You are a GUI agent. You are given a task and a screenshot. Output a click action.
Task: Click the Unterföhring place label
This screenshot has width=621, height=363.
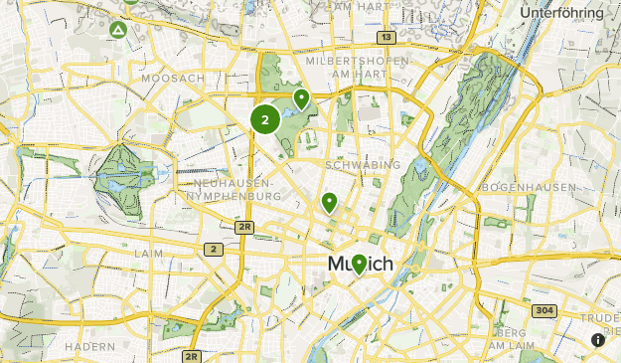[561, 13]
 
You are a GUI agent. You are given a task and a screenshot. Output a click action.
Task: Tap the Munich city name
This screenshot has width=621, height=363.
[360, 265]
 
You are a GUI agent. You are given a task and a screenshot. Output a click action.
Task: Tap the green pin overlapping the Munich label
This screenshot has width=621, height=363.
[359, 264]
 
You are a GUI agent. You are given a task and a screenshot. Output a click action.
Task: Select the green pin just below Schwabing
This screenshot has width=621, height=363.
[329, 202]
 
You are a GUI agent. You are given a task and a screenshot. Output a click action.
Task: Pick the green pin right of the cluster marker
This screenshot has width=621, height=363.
[301, 97]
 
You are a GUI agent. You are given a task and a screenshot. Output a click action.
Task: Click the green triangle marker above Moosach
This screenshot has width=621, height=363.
[118, 30]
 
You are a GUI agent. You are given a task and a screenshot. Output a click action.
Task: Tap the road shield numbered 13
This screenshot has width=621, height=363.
[386, 37]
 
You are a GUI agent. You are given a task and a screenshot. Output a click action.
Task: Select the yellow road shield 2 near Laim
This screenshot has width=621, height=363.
[213, 249]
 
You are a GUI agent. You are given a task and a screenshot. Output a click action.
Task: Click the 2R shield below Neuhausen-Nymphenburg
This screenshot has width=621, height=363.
[244, 227]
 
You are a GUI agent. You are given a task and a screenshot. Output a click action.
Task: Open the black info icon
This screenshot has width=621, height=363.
[598, 340]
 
